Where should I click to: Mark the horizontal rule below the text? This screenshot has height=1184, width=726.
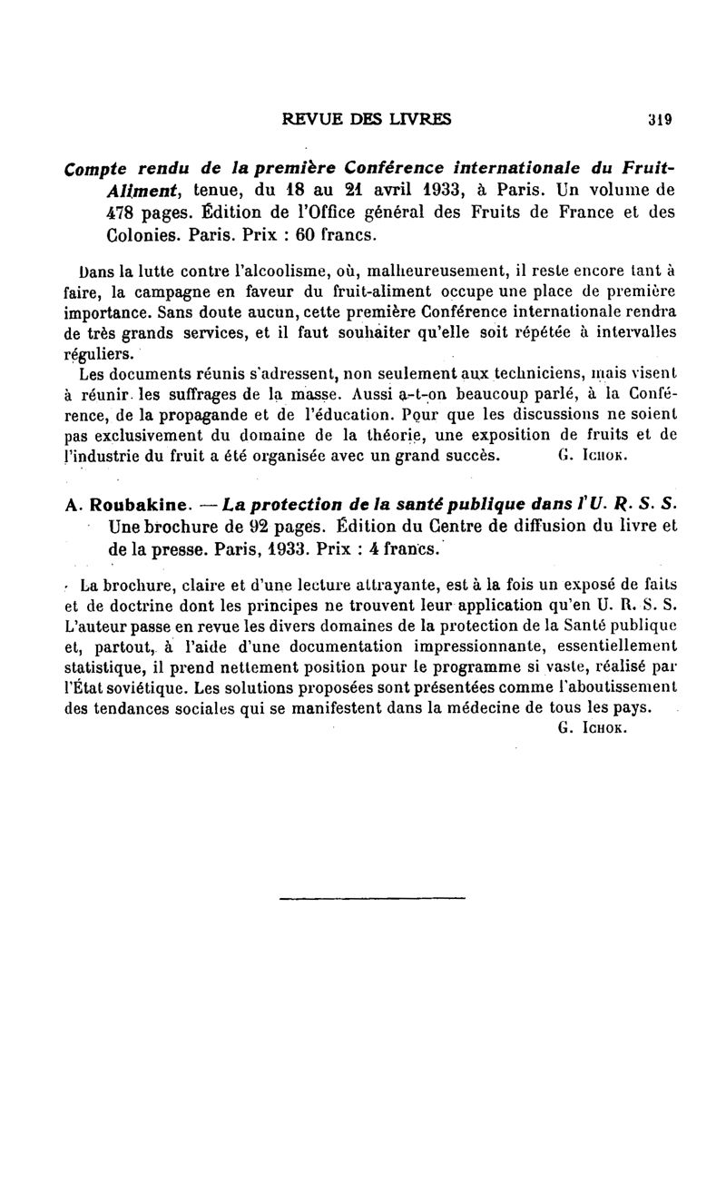click(371, 898)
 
